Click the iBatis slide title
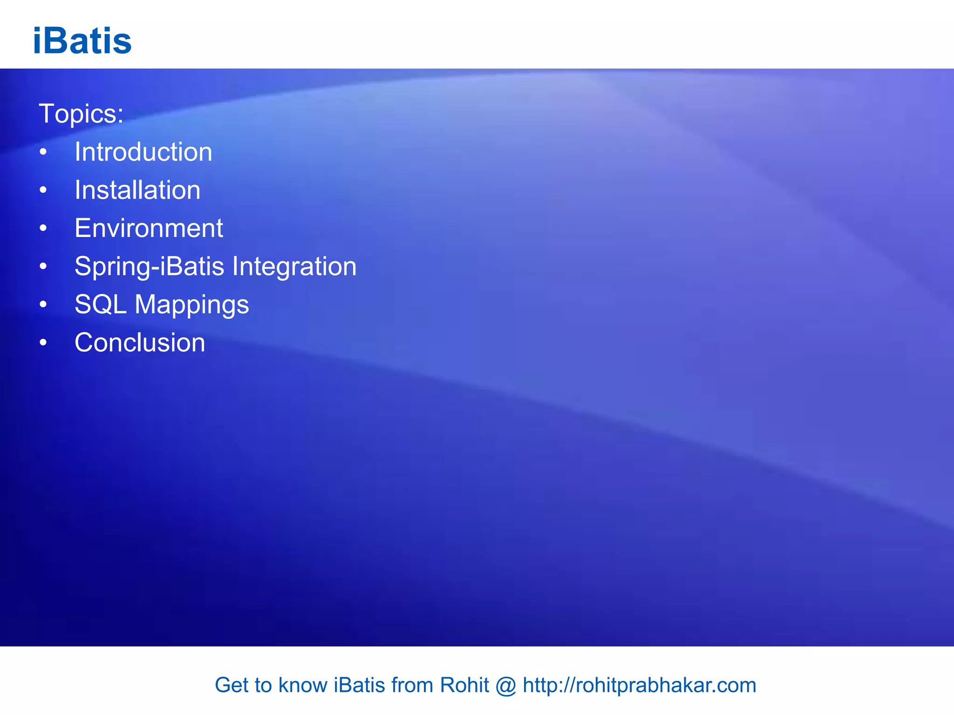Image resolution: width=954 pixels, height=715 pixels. [x=82, y=41]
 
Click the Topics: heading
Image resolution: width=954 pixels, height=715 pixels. [x=81, y=114]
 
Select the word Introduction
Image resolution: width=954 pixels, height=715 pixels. [x=143, y=152]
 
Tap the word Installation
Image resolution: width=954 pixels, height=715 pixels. [x=137, y=190]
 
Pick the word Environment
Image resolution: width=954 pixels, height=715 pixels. [x=149, y=228]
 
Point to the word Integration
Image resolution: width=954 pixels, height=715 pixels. [x=294, y=267]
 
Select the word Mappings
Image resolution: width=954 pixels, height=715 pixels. [x=192, y=305]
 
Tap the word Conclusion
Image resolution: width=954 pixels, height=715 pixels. [x=140, y=343]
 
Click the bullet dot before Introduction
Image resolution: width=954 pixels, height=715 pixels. [x=43, y=152]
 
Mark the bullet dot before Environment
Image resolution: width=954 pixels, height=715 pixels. [x=43, y=229]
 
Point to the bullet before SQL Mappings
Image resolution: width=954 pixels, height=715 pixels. [x=43, y=305]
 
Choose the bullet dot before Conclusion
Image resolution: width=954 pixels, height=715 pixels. [x=43, y=343]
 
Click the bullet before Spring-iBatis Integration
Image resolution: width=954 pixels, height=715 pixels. [x=43, y=267]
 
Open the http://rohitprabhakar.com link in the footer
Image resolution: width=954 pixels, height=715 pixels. [x=639, y=685]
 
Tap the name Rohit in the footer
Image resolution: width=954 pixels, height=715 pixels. [x=464, y=685]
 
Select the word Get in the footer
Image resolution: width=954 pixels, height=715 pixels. [x=230, y=685]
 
